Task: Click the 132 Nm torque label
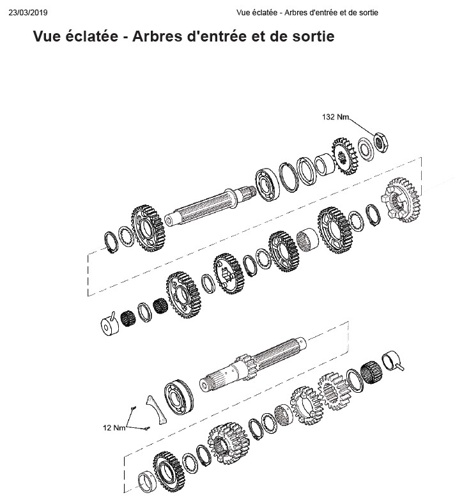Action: click(x=335, y=117)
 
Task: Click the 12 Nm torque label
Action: click(x=114, y=427)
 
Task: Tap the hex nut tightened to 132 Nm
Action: click(x=381, y=142)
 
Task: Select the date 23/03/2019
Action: click(x=28, y=13)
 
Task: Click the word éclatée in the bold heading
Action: click(x=91, y=36)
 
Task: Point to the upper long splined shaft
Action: click(x=210, y=206)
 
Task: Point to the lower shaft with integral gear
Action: click(x=252, y=364)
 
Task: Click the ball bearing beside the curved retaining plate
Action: click(x=179, y=397)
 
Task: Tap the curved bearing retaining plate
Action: click(x=157, y=410)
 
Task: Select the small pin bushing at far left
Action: click(x=110, y=323)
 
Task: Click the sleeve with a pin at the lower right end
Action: click(x=392, y=361)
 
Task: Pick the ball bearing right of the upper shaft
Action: click(x=268, y=185)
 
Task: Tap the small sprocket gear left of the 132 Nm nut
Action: click(x=344, y=156)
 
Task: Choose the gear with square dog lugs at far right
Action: click(x=401, y=201)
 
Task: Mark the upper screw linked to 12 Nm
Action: click(x=134, y=407)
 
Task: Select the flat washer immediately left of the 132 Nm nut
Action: click(x=366, y=149)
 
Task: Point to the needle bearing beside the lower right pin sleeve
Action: click(x=371, y=372)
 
